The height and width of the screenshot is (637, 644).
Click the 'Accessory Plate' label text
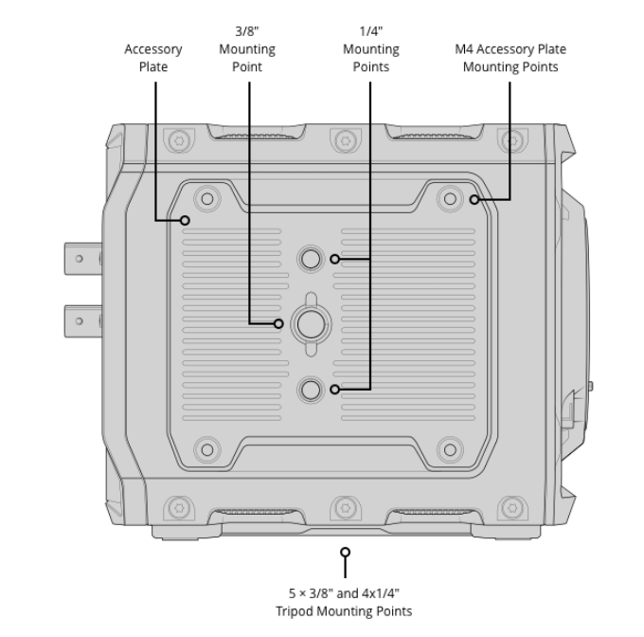(x=153, y=58)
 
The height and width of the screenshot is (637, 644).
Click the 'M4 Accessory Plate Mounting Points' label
(x=510, y=58)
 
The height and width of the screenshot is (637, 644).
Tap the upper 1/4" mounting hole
(x=310, y=258)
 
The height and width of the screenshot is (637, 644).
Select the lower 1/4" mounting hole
(x=310, y=388)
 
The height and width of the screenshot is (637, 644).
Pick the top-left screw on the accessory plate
(x=204, y=199)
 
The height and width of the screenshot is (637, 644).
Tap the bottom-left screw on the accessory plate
(x=204, y=447)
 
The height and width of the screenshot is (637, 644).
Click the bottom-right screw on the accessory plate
(x=449, y=447)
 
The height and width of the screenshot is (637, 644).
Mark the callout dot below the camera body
(x=346, y=551)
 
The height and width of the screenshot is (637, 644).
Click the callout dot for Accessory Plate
(x=187, y=220)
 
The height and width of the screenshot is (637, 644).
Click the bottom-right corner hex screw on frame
(x=510, y=504)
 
